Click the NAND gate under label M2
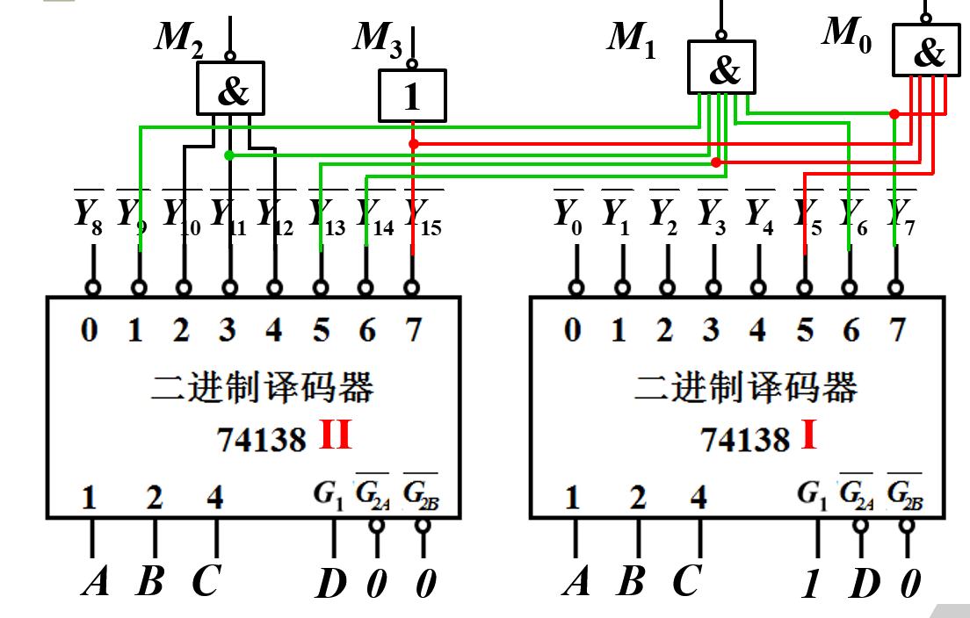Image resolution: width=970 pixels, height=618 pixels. click(230, 88)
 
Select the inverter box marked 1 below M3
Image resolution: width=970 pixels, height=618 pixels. click(412, 95)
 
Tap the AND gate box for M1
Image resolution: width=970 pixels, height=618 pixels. click(720, 68)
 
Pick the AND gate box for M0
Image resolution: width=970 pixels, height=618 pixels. click(926, 51)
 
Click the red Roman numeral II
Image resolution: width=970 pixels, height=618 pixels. click(335, 435)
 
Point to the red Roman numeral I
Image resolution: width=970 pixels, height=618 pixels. click(807, 435)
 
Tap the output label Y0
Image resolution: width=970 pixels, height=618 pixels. click(569, 215)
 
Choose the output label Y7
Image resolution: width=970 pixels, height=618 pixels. click(900, 215)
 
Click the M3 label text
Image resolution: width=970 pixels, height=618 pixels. click(379, 39)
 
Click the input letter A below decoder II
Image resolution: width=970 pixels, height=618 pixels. click(94, 582)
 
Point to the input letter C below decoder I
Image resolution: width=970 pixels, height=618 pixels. click(688, 582)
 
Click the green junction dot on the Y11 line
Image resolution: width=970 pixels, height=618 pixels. click(229, 155)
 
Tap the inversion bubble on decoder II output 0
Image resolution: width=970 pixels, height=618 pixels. click(92, 287)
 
